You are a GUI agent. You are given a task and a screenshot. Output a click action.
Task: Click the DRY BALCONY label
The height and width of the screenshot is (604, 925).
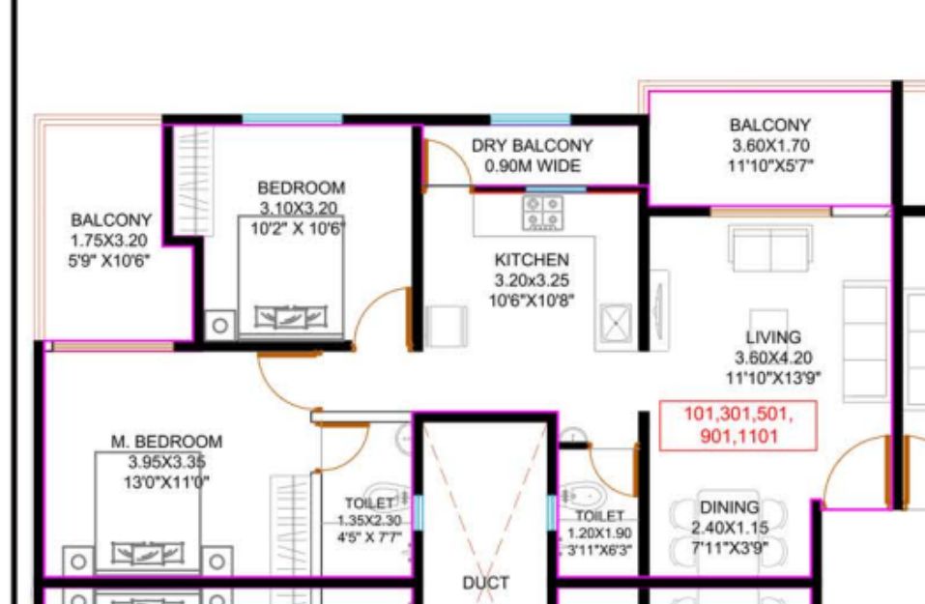(533, 146)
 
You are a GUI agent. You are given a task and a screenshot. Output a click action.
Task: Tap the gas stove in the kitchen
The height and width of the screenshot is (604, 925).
(543, 213)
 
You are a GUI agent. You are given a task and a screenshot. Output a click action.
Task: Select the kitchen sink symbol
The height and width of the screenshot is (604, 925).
(616, 323)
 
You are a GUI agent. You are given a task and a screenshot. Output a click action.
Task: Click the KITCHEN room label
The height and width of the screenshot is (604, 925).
(532, 260)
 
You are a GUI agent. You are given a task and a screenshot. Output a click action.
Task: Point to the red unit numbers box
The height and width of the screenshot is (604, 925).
(738, 425)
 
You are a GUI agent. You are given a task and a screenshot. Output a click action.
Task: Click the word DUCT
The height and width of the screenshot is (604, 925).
(485, 583)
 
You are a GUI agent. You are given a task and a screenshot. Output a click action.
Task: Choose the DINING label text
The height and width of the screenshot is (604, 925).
(729, 507)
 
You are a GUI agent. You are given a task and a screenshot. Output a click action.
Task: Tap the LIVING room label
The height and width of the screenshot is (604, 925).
(773, 337)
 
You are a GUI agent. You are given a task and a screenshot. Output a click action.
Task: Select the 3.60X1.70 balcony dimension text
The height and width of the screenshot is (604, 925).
(770, 145)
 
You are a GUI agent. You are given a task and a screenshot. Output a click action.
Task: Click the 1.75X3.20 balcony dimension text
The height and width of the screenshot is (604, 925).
(108, 241)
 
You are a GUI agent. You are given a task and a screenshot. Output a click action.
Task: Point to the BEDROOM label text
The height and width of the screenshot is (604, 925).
(301, 188)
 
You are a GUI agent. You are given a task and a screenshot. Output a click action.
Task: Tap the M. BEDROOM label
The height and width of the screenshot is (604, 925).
(167, 442)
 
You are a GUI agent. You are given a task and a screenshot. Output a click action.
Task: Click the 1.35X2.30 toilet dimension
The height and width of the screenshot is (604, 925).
(369, 521)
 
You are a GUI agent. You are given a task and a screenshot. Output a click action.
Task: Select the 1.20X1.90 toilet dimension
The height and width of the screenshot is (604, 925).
(599, 533)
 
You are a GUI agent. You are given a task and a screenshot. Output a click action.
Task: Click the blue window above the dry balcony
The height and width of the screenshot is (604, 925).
(531, 119)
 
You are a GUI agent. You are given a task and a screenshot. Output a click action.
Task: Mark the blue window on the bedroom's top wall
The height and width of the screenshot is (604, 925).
(293, 119)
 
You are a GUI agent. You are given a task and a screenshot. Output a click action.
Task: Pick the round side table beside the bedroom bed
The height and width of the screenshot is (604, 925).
(220, 325)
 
